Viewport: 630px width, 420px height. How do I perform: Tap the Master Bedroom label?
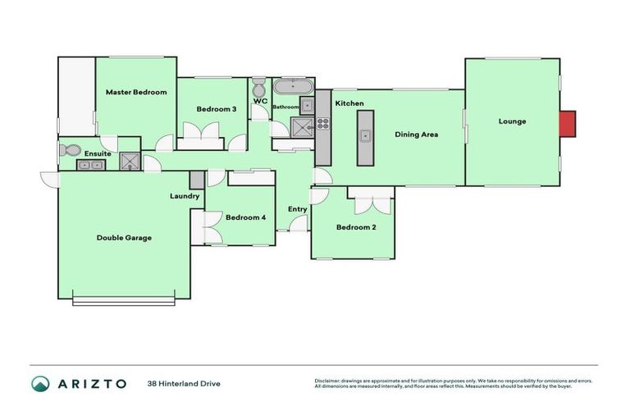point(136,92)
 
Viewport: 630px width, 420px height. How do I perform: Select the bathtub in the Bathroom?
point(291,87)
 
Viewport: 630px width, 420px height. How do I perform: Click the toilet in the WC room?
point(258,86)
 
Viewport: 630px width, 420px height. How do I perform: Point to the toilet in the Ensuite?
point(69,150)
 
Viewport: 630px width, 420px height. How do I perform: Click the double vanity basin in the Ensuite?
point(90,165)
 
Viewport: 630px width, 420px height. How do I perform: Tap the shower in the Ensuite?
point(130,161)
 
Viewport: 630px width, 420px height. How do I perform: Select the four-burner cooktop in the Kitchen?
point(323,125)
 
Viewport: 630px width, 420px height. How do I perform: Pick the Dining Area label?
point(417,134)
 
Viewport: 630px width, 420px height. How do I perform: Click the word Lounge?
point(512,121)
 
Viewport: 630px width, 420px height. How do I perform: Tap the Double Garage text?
point(124,237)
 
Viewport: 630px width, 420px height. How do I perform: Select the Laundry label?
point(185,196)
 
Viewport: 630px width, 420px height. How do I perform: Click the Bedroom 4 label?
point(246,217)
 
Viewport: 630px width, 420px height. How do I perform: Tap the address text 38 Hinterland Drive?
point(184,383)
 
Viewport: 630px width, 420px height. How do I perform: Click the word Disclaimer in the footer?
point(328,381)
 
